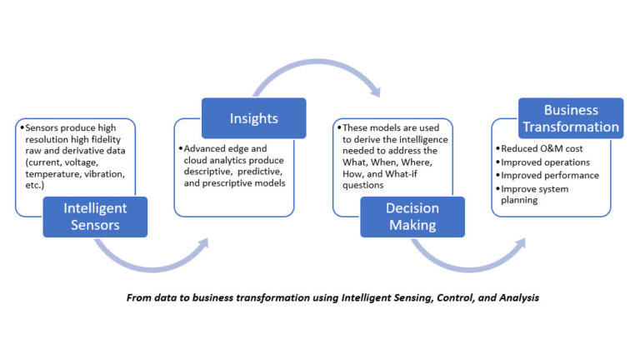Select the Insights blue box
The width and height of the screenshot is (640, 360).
click(x=253, y=118)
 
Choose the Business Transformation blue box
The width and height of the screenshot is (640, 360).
click(x=571, y=118)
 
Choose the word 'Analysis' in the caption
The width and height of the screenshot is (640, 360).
click(x=517, y=297)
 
